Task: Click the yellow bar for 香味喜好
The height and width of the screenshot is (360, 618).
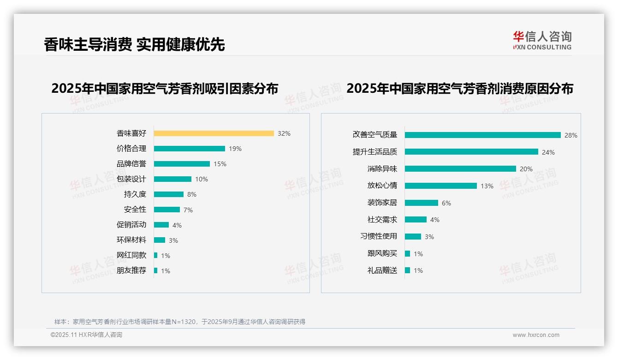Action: (x=214, y=133)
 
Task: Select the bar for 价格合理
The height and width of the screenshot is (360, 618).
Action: (x=189, y=149)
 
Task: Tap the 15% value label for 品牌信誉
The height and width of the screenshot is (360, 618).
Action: (x=220, y=164)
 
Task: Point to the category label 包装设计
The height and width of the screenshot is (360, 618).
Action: (x=131, y=179)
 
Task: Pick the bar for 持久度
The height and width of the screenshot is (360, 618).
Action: (x=168, y=194)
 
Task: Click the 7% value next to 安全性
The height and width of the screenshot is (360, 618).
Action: (x=188, y=210)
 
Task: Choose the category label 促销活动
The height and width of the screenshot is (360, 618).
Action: (x=131, y=225)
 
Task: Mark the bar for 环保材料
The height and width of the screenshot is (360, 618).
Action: (x=160, y=240)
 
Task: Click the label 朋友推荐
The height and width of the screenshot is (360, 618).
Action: (x=131, y=270)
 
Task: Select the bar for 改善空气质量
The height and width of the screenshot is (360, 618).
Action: (x=482, y=135)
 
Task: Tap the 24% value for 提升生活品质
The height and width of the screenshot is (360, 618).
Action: (x=548, y=152)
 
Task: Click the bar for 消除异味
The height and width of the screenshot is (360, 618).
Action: (x=460, y=169)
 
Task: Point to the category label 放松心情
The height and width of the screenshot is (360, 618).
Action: (x=382, y=186)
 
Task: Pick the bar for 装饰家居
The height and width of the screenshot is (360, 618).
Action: (x=422, y=203)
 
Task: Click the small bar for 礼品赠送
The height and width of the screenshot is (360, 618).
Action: (x=407, y=270)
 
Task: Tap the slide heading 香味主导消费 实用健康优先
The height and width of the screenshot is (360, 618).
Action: (x=134, y=44)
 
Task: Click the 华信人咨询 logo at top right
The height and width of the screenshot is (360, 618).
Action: (x=542, y=40)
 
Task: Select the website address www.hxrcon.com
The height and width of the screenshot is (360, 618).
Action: (x=535, y=335)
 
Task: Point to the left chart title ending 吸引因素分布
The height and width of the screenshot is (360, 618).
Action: (x=165, y=89)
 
